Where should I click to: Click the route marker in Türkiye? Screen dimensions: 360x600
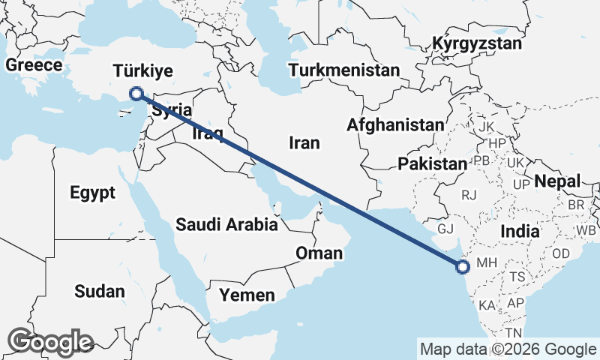click(136, 94)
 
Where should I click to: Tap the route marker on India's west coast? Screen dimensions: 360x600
click(463, 265)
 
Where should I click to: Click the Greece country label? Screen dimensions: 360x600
click(34, 65)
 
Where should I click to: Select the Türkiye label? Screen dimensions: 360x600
click(143, 71)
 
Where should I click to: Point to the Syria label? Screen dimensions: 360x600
click(172, 111)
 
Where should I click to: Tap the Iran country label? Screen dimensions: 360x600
click(304, 142)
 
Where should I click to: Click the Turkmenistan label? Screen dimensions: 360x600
click(344, 70)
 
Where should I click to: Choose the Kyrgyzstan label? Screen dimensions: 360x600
click(477, 43)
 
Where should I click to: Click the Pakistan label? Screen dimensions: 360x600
click(433, 163)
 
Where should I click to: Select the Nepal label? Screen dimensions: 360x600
click(557, 181)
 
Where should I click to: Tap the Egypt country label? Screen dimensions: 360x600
click(93, 193)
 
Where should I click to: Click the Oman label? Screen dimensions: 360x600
click(319, 253)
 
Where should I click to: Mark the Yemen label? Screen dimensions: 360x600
click(247, 295)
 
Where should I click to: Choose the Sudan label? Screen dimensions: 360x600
click(100, 291)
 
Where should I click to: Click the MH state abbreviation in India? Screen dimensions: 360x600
click(487, 263)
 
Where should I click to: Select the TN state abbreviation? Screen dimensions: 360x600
click(513, 332)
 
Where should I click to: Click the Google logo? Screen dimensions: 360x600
click(50, 342)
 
